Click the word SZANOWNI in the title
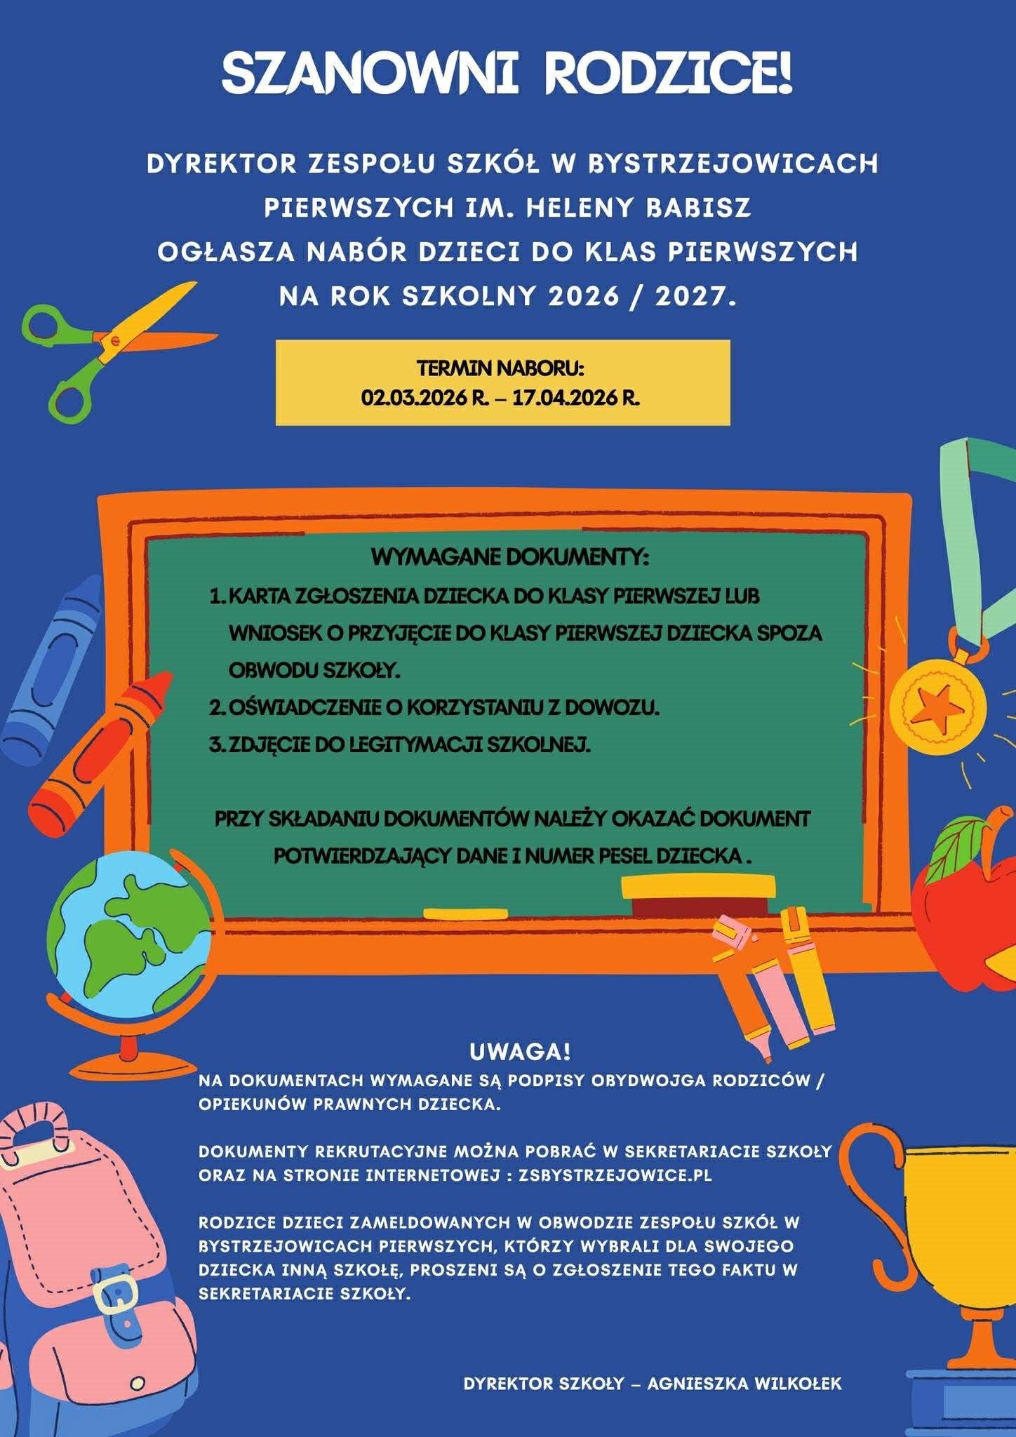click(370, 74)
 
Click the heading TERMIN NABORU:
click(501, 368)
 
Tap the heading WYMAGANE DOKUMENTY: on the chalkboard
click(510, 558)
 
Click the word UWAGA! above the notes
click(520, 1052)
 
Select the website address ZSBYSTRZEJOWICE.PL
click(615, 1175)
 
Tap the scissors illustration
click(105, 347)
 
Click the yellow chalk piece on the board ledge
click(465, 914)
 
